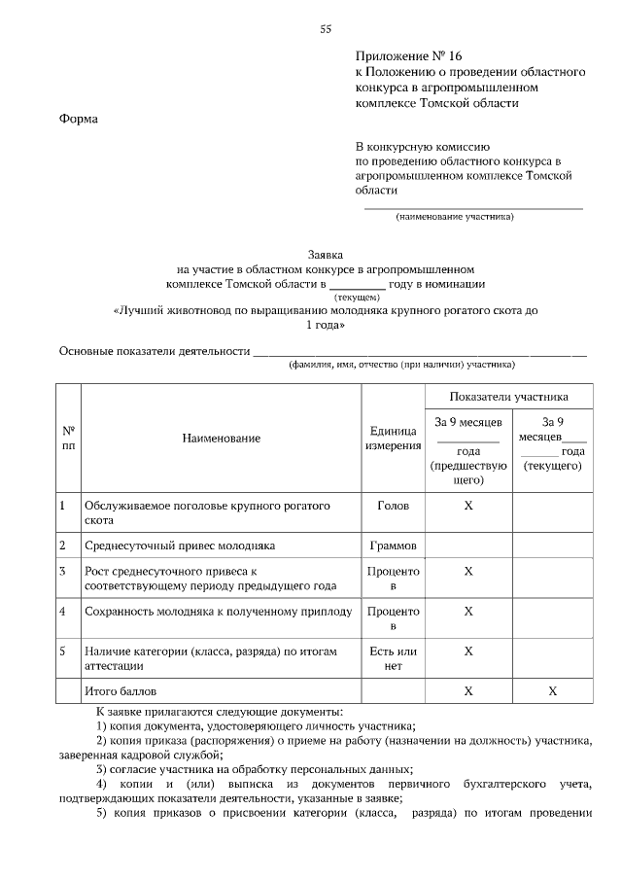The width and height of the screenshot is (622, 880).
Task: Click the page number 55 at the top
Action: [x=327, y=29]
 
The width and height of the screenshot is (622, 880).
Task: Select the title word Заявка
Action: [x=326, y=250]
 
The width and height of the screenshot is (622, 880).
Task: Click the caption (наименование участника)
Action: [x=454, y=216]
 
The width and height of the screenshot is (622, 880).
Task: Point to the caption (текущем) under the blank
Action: [x=357, y=297]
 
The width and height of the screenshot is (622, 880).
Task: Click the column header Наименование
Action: [x=221, y=439]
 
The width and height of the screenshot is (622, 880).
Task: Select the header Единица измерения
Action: [x=393, y=439]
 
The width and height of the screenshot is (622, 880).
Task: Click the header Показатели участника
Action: [x=508, y=397]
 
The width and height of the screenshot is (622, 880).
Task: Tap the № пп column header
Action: [x=68, y=439]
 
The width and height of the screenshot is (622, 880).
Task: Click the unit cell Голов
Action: [x=393, y=507]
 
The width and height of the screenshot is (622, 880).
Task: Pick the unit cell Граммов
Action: [x=393, y=546]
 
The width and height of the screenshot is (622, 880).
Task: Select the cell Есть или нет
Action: [x=393, y=658]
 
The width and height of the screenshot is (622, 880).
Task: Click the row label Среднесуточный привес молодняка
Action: [x=181, y=546]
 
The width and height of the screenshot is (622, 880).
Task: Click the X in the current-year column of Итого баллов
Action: [x=552, y=690]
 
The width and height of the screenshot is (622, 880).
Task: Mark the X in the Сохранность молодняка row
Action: [x=468, y=612]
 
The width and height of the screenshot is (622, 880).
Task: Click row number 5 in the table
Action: [x=62, y=651]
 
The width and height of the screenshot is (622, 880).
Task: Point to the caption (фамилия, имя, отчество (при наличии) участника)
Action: [x=400, y=366]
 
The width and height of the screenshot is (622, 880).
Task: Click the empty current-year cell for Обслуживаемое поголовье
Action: [x=552, y=513]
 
